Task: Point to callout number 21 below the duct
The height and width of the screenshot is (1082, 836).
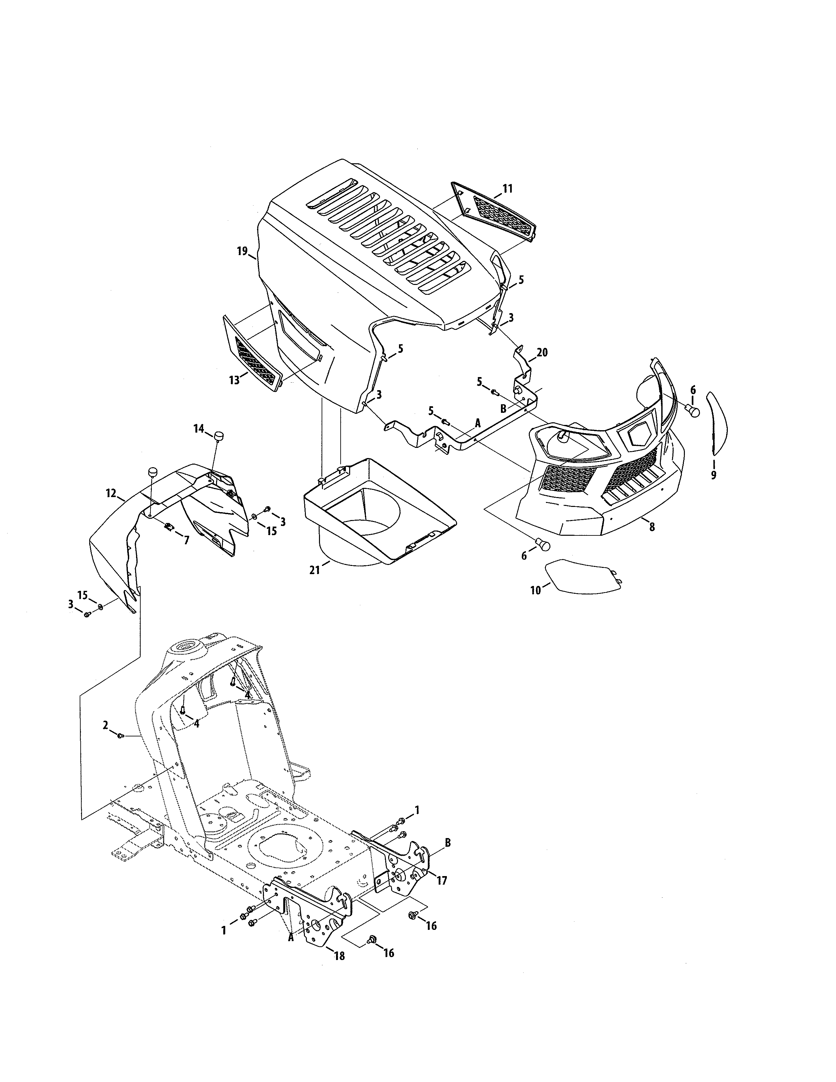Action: tap(314, 570)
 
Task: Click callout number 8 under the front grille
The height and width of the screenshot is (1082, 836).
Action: tap(652, 527)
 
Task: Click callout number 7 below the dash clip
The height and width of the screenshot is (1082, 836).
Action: tap(186, 540)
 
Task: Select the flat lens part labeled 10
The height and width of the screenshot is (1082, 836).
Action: tap(582, 576)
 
